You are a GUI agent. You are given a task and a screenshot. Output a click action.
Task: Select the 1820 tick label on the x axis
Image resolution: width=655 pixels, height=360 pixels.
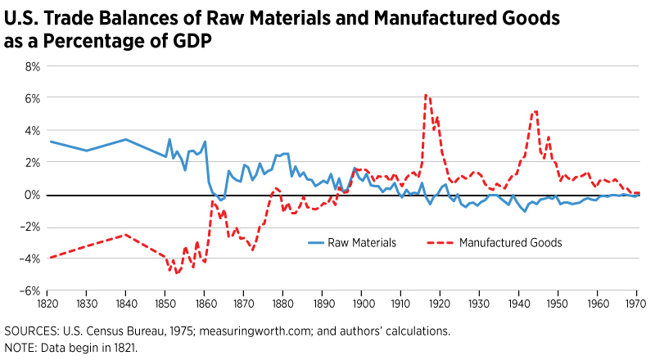point(47,304)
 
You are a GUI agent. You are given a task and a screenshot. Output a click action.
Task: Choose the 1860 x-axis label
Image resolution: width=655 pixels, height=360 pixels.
point(205,304)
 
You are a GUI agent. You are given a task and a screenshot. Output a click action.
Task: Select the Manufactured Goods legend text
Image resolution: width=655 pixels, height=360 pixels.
point(510,242)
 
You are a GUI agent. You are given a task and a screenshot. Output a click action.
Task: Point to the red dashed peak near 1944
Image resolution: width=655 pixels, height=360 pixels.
point(535,111)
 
